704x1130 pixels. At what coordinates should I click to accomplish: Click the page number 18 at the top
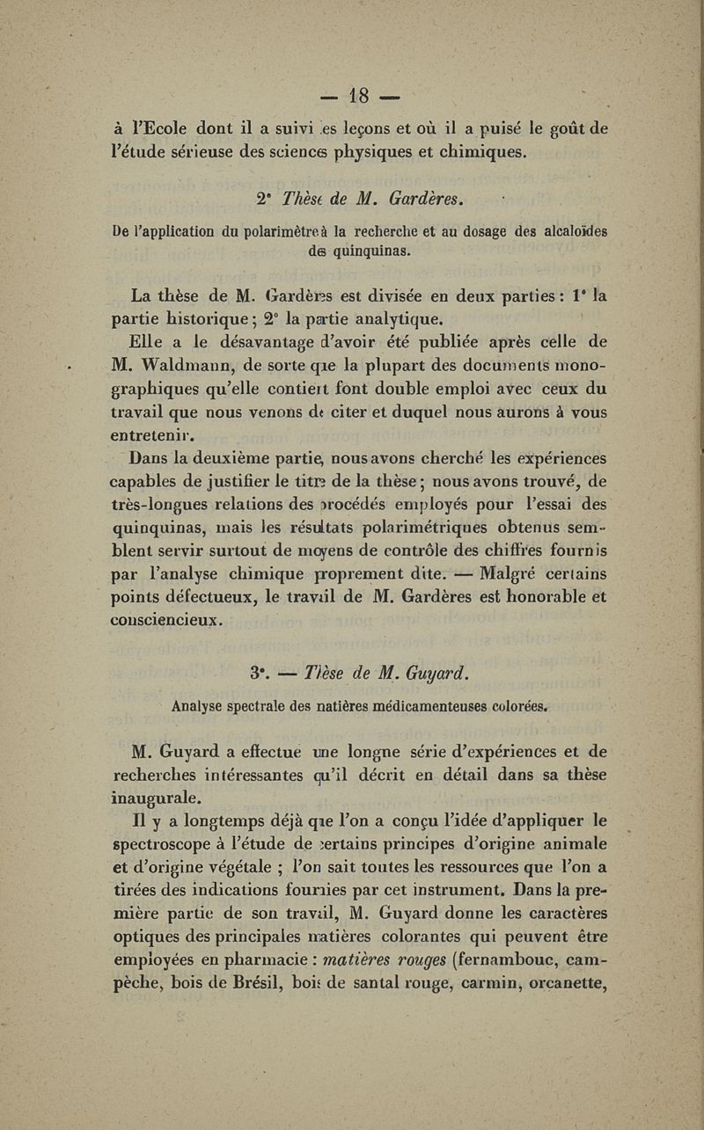(361, 92)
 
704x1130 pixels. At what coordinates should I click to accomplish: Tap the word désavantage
(259, 342)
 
